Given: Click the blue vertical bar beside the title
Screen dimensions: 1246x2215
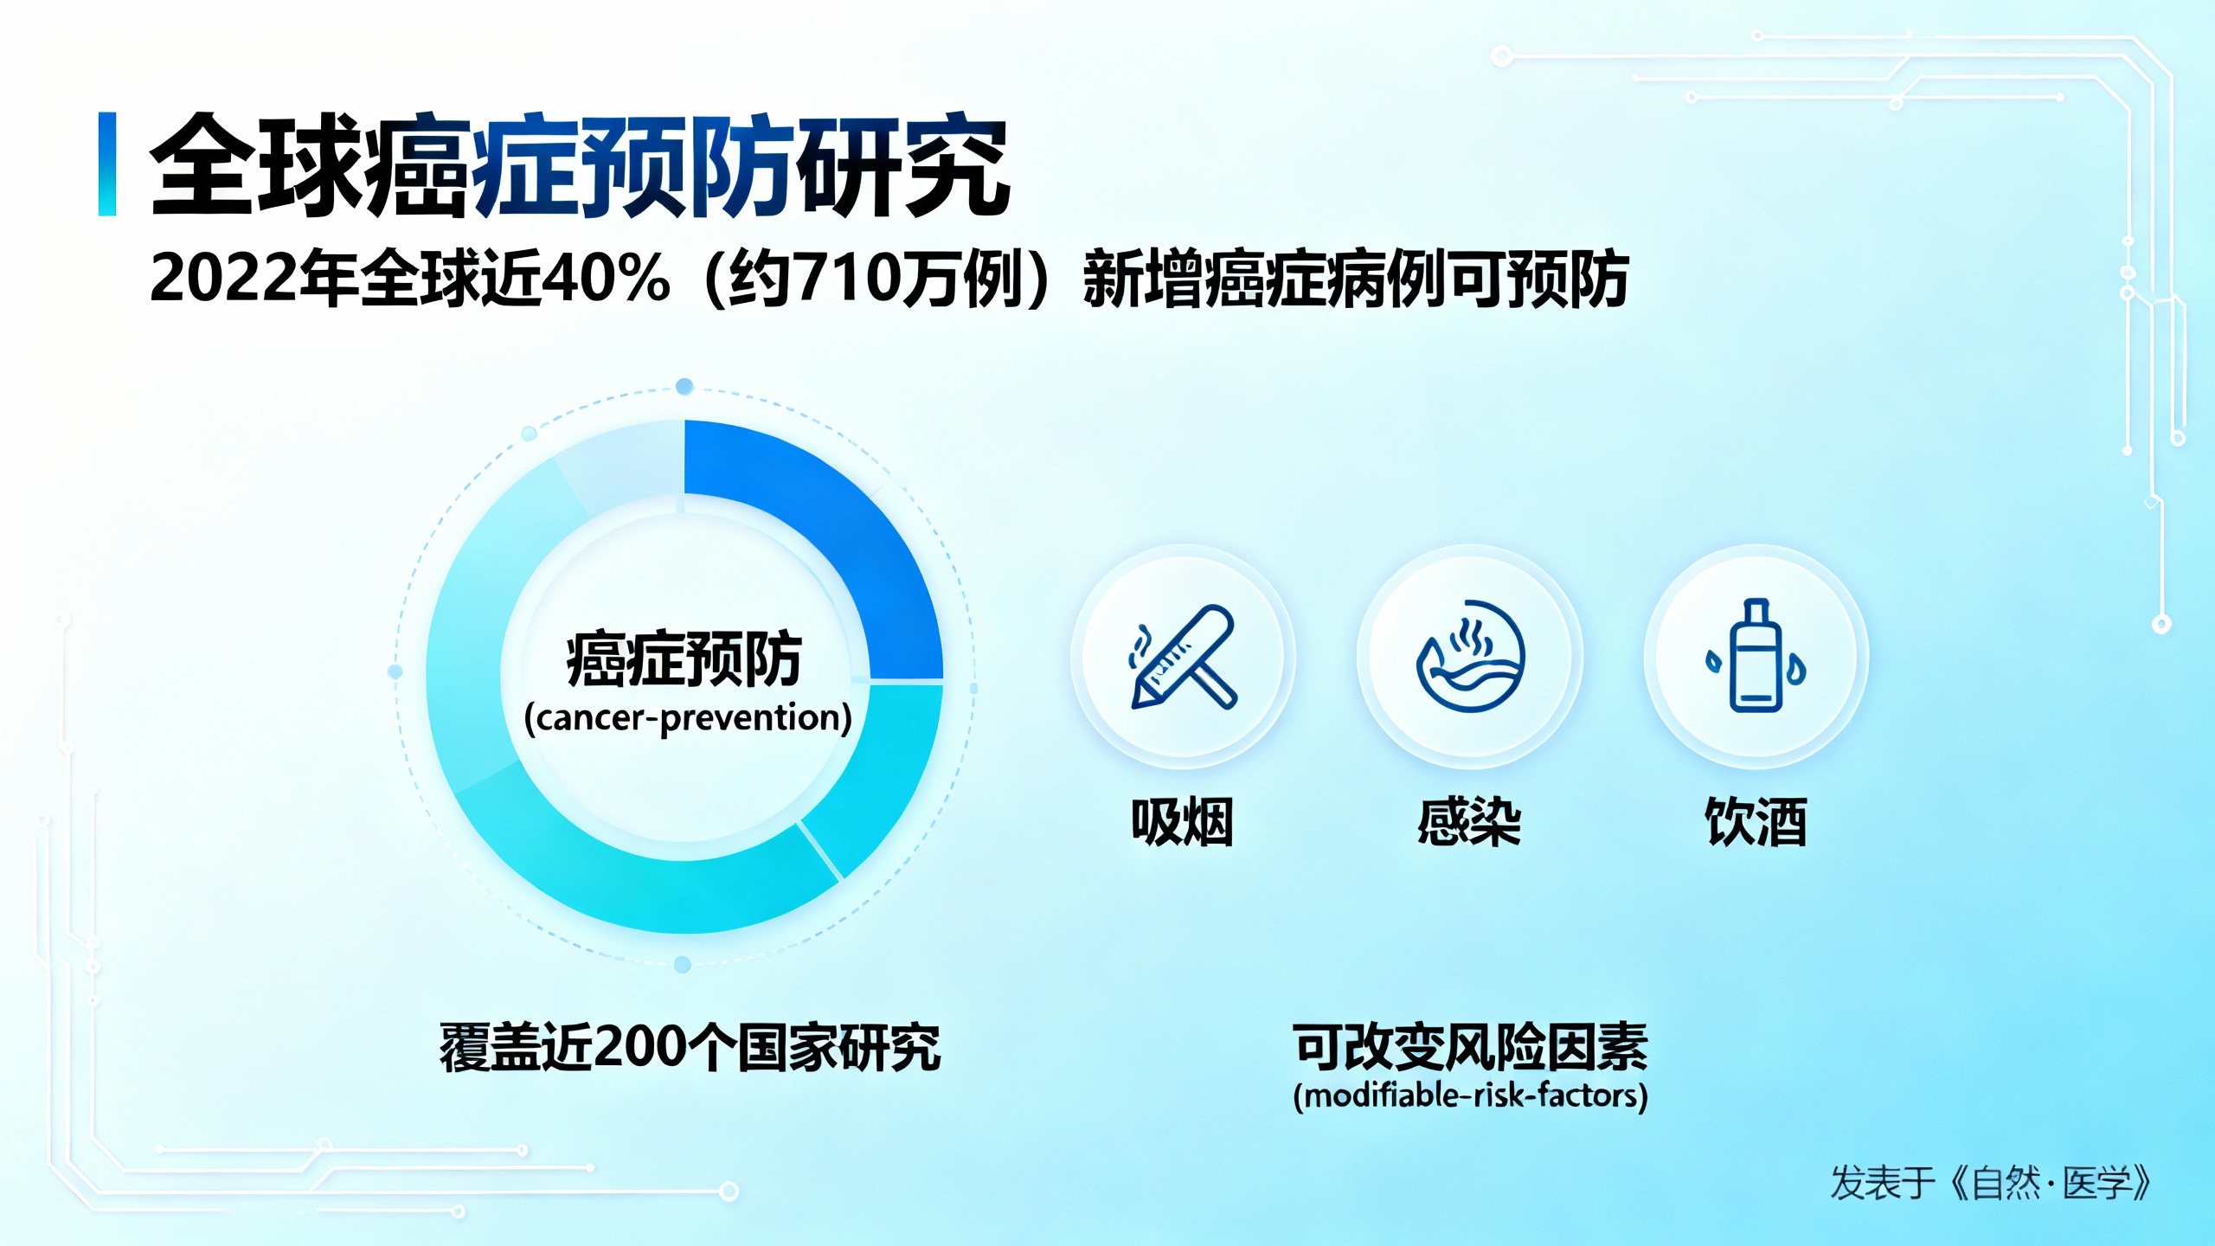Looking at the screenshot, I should [107, 164].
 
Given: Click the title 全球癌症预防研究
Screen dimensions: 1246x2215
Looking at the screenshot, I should [578, 165].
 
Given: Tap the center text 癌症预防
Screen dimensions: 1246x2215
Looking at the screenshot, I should [684, 660].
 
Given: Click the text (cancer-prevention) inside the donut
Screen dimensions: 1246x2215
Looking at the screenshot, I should [688, 718].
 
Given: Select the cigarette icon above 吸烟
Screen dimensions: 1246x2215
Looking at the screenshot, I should [1183, 657].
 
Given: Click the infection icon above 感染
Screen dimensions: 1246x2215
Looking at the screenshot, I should [1470, 657].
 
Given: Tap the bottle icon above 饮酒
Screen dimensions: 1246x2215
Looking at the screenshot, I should [1756, 657].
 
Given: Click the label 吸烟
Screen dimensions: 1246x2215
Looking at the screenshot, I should [1183, 821].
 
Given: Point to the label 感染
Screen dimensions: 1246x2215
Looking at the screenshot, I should [1469, 821].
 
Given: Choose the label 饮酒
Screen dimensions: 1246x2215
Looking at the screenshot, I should [1756, 821].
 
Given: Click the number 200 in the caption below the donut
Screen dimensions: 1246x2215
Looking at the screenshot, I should [641, 1048].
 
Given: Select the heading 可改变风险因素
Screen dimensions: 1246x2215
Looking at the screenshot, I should [1470, 1047].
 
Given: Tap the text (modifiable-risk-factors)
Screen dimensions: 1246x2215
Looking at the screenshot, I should [1470, 1096].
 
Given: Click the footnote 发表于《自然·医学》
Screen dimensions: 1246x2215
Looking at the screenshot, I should [1990, 1183].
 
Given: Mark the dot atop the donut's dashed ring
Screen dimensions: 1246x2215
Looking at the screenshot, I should [684, 387].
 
